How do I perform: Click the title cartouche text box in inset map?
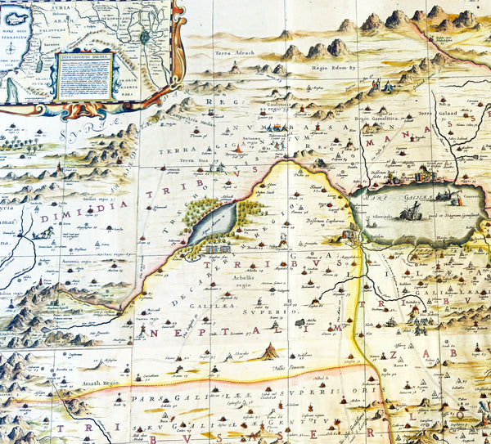pyautogui.click(x=86, y=76)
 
